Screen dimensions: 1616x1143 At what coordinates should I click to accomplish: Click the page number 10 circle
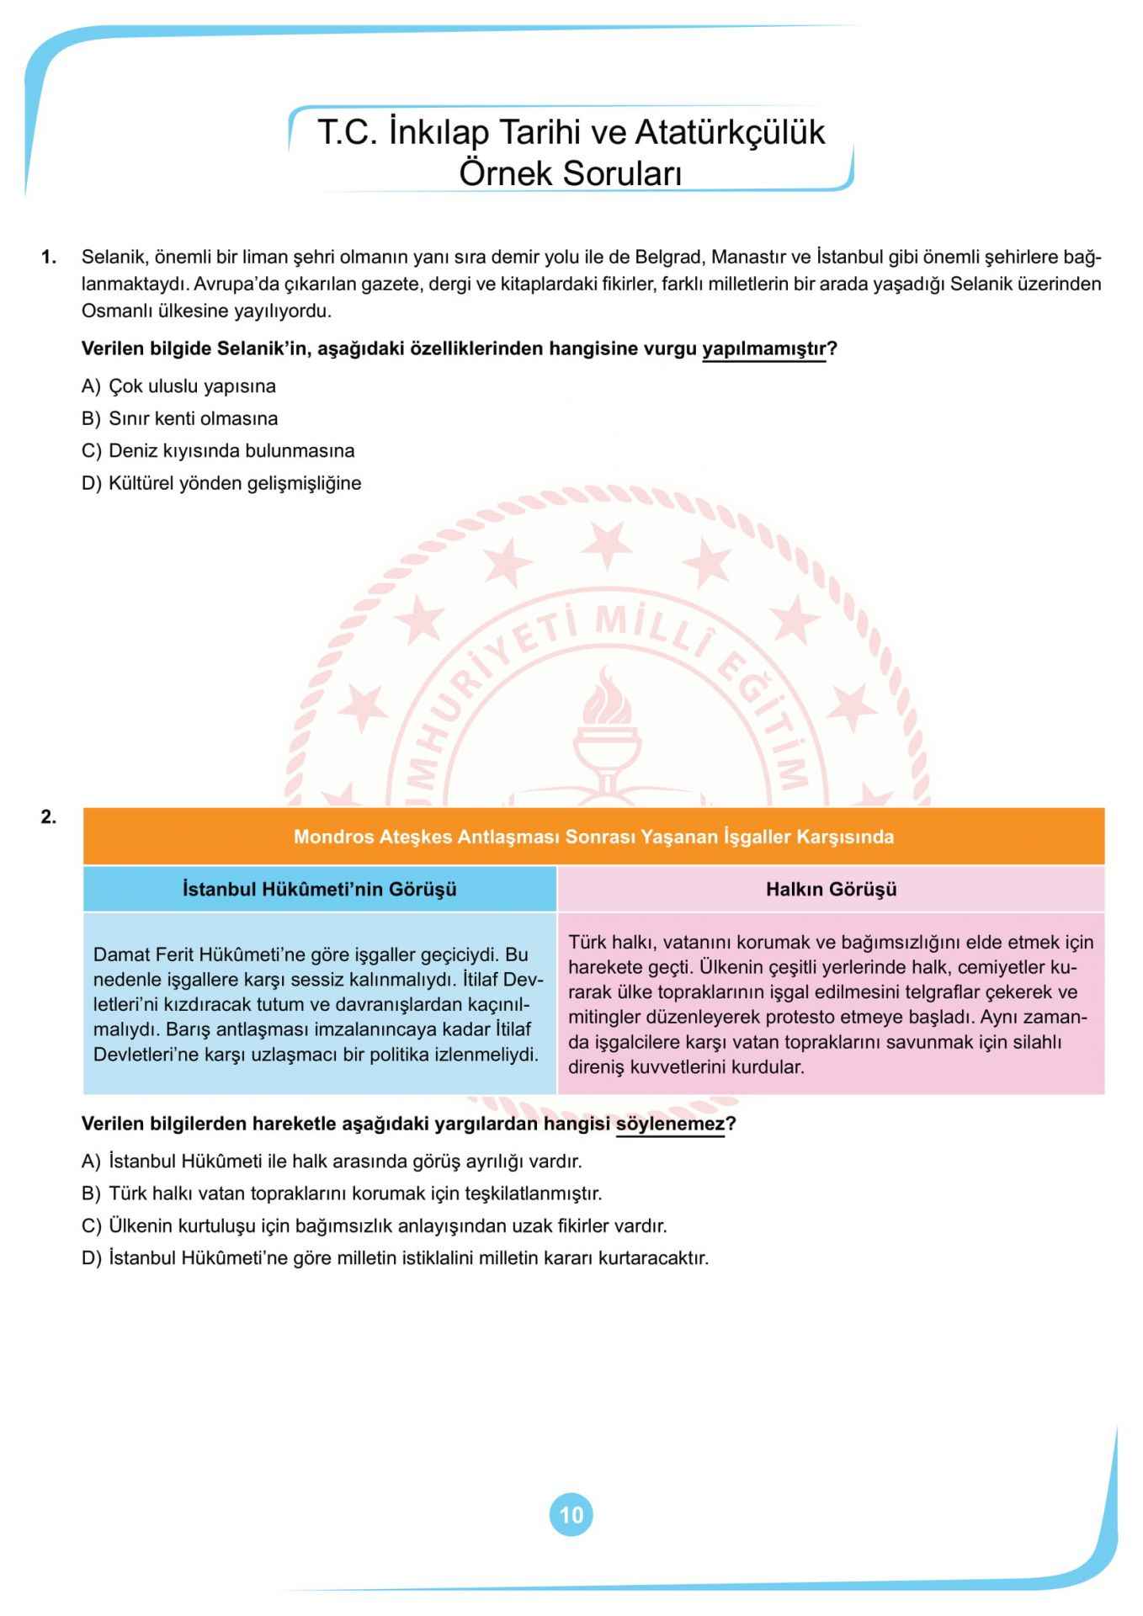(571, 1515)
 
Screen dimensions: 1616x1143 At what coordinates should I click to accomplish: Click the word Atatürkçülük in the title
(730, 133)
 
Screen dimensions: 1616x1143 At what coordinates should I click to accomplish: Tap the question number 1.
(49, 257)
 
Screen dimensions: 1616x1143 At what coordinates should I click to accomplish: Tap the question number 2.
(49, 816)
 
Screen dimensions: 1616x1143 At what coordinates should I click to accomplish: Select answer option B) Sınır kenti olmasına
(180, 418)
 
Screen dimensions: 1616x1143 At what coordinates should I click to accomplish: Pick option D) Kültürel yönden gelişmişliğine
(221, 483)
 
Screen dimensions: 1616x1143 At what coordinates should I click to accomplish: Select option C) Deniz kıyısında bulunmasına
(218, 450)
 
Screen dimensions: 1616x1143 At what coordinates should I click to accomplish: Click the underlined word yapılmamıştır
(764, 348)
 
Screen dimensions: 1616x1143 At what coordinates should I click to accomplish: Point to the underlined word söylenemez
(670, 1124)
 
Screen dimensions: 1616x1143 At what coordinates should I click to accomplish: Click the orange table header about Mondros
(593, 837)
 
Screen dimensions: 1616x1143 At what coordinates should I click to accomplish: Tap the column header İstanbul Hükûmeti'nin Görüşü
(320, 889)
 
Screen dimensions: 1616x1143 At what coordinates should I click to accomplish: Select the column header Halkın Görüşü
(831, 889)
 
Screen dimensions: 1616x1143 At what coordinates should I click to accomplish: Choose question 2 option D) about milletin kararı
(396, 1258)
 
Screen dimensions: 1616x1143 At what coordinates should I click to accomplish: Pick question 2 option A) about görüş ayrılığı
(332, 1161)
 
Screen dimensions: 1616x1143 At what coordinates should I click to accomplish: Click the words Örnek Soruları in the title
(570, 173)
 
